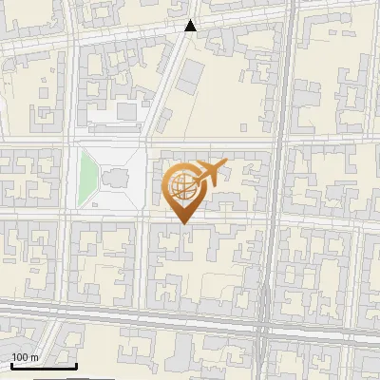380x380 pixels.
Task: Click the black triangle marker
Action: coord(191,26)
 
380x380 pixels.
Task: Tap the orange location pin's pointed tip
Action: coord(182,222)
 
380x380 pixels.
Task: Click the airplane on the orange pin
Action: coord(209,173)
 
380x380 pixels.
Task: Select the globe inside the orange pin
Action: coord(182,187)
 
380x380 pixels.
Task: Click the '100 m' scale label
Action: coord(26,357)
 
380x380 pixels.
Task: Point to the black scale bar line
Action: coord(44,366)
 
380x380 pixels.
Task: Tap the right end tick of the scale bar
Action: coord(76,364)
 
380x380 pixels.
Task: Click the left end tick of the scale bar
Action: coord(11,364)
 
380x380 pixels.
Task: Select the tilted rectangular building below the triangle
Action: coord(193,71)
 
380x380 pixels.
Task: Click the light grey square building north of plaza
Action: coord(126,112)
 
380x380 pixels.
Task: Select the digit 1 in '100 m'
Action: coord(14,357)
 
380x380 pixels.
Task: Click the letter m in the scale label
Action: coord(35,357)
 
